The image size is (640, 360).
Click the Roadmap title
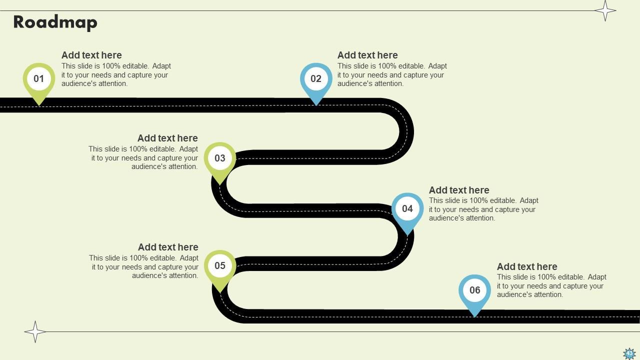tap(55, 22)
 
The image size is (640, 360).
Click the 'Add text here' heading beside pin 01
tap(91, 55)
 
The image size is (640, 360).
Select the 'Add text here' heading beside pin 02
tap(367, 55)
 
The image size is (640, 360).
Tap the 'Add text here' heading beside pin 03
tap(167, 138)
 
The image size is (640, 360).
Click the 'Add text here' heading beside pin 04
tap(459, 190)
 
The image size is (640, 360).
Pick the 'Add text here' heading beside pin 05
tap(168, 247)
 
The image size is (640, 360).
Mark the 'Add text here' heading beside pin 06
tap(527, 266)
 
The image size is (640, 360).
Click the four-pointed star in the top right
tap(605, 10)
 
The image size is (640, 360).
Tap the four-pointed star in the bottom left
tap(35, 331)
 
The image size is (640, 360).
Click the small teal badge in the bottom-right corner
tap(629, 354)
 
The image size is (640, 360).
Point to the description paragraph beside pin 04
tap(483, 209)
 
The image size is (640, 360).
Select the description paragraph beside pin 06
tap(551, 286)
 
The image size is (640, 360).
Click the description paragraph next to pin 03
tap(143, 158)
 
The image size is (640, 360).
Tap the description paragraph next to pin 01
tap(116, 75)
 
